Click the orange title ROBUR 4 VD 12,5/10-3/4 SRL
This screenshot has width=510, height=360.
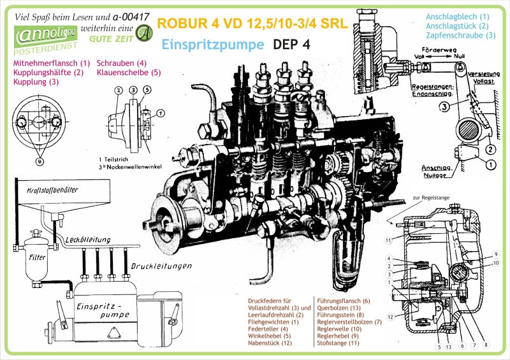coord(252,24)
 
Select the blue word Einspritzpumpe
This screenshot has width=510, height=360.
coord(213,45)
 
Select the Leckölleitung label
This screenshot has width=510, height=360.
coord(88,240)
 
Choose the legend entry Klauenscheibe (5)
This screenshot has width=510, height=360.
coord(129,73)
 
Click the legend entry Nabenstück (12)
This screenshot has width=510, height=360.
coord(270,343)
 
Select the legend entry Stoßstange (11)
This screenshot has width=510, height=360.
coord(338,343)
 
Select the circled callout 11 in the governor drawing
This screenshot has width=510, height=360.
coord(388,240)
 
